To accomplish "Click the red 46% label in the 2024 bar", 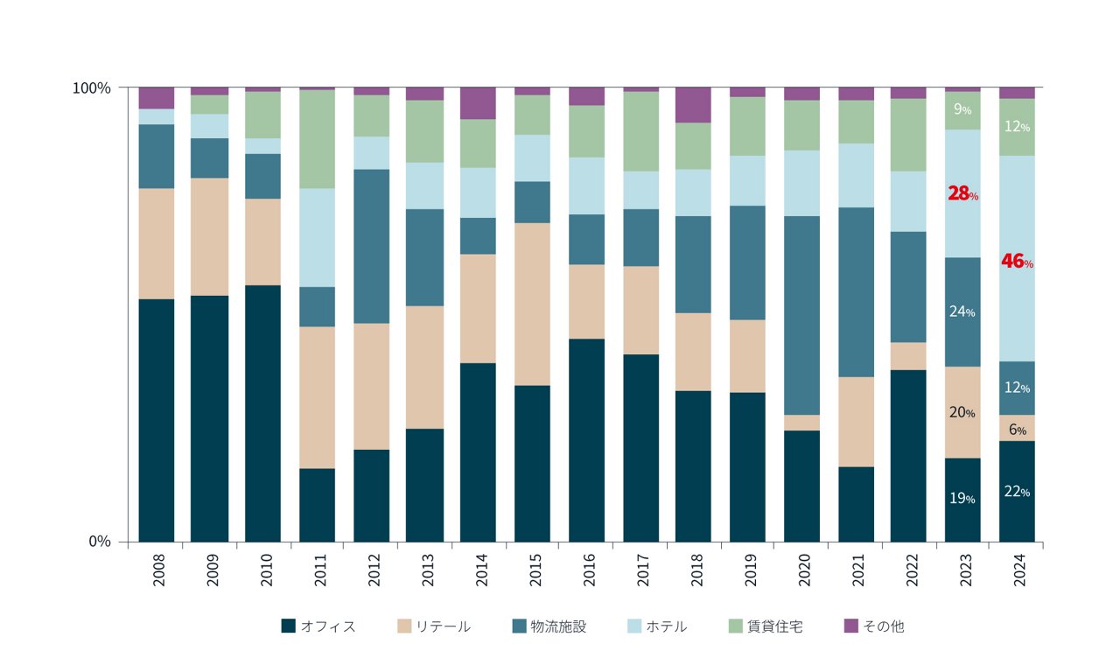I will tap(1017, 261).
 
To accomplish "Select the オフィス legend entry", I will tap(318, 626).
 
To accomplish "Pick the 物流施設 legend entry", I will tap(549, 626).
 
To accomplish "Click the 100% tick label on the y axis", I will tap(91, 88).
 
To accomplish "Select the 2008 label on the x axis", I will tap(157, 570).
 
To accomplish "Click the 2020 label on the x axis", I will tap(802, 570).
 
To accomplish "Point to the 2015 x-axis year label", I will tap(534, 570).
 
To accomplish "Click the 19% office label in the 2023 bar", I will tap(962, 498).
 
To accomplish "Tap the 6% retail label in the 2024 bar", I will tap(1017, 430).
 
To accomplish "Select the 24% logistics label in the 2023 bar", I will tap(962, 311).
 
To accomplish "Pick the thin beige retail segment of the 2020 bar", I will tap(801, 423).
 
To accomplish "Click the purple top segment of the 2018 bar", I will tap(693, 105).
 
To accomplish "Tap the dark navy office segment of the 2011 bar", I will tap(317, 505).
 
